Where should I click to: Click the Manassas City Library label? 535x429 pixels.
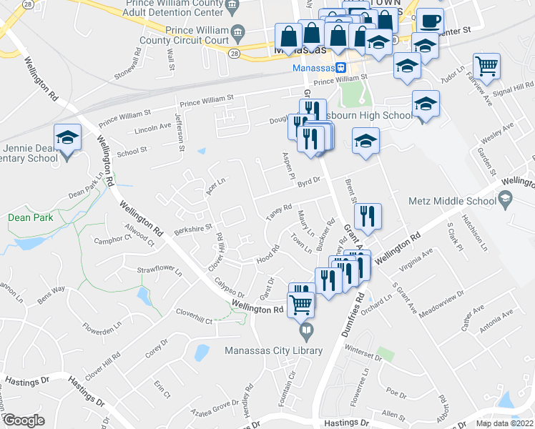tap(274, 350)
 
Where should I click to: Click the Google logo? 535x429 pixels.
tap(24, 420)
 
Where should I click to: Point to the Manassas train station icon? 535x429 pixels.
tap(342, 69)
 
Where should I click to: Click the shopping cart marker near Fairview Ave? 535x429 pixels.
tap(486, 66)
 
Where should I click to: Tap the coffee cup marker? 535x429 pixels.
tap(430, 21)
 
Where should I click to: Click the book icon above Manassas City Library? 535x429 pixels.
tap(306, 330)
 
